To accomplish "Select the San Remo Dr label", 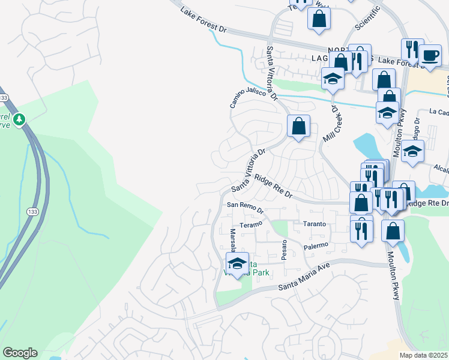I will tap(245, 208).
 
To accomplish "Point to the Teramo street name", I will tap(251, 224).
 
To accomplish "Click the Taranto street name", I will tap(313, 224).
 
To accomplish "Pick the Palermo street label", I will tap(315, 245).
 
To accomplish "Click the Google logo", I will tap(20, 353).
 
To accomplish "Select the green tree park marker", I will tap(20, 119).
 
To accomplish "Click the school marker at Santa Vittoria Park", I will tap(237, 263).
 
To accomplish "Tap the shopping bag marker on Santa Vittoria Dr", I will tap(298, 126).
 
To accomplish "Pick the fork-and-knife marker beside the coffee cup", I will tap(412, 50).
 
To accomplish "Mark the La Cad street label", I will tap(439, 112).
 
